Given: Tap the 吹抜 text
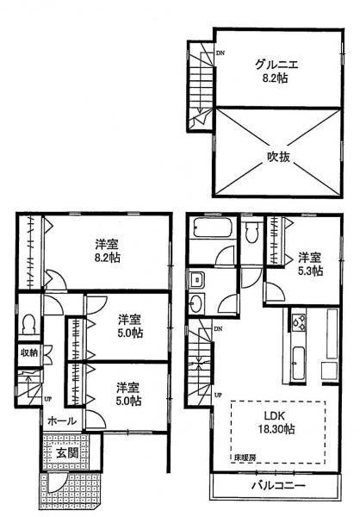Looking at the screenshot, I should pyautogui.click(x=272, y=157).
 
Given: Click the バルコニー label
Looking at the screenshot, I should pyautogui.click(x=277, y=486).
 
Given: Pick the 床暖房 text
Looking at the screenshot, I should pyautogui.click(x=244, y=459).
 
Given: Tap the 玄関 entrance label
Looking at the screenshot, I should pyautogui.click(x=68, y=454).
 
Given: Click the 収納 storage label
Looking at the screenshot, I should pyautogui.click(x=28, y=352).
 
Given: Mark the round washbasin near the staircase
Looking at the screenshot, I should pyautogui.click(x=196, y=302).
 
